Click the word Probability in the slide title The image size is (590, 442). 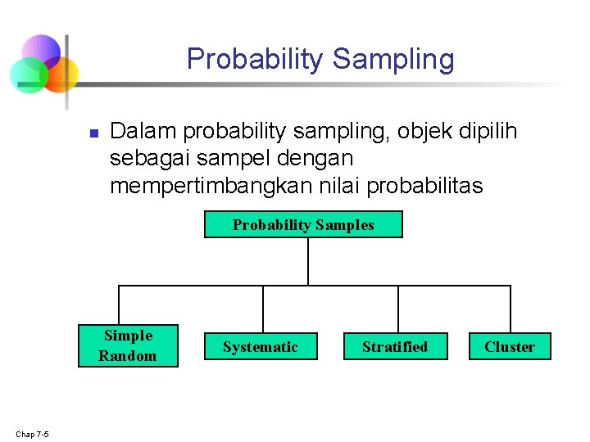(x=256, y=59)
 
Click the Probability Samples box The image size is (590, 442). (x=303, y=225)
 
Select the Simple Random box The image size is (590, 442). (x=128, y=345)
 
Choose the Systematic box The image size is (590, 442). (x=261, y=347)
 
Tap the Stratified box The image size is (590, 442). (x=395, y=347)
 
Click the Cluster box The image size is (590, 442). (x=510, y=347)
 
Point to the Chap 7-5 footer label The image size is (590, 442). (x=32, y=434)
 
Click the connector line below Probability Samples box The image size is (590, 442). (x=307, y=261)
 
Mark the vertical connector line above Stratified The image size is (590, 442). (x=398, y=309)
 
